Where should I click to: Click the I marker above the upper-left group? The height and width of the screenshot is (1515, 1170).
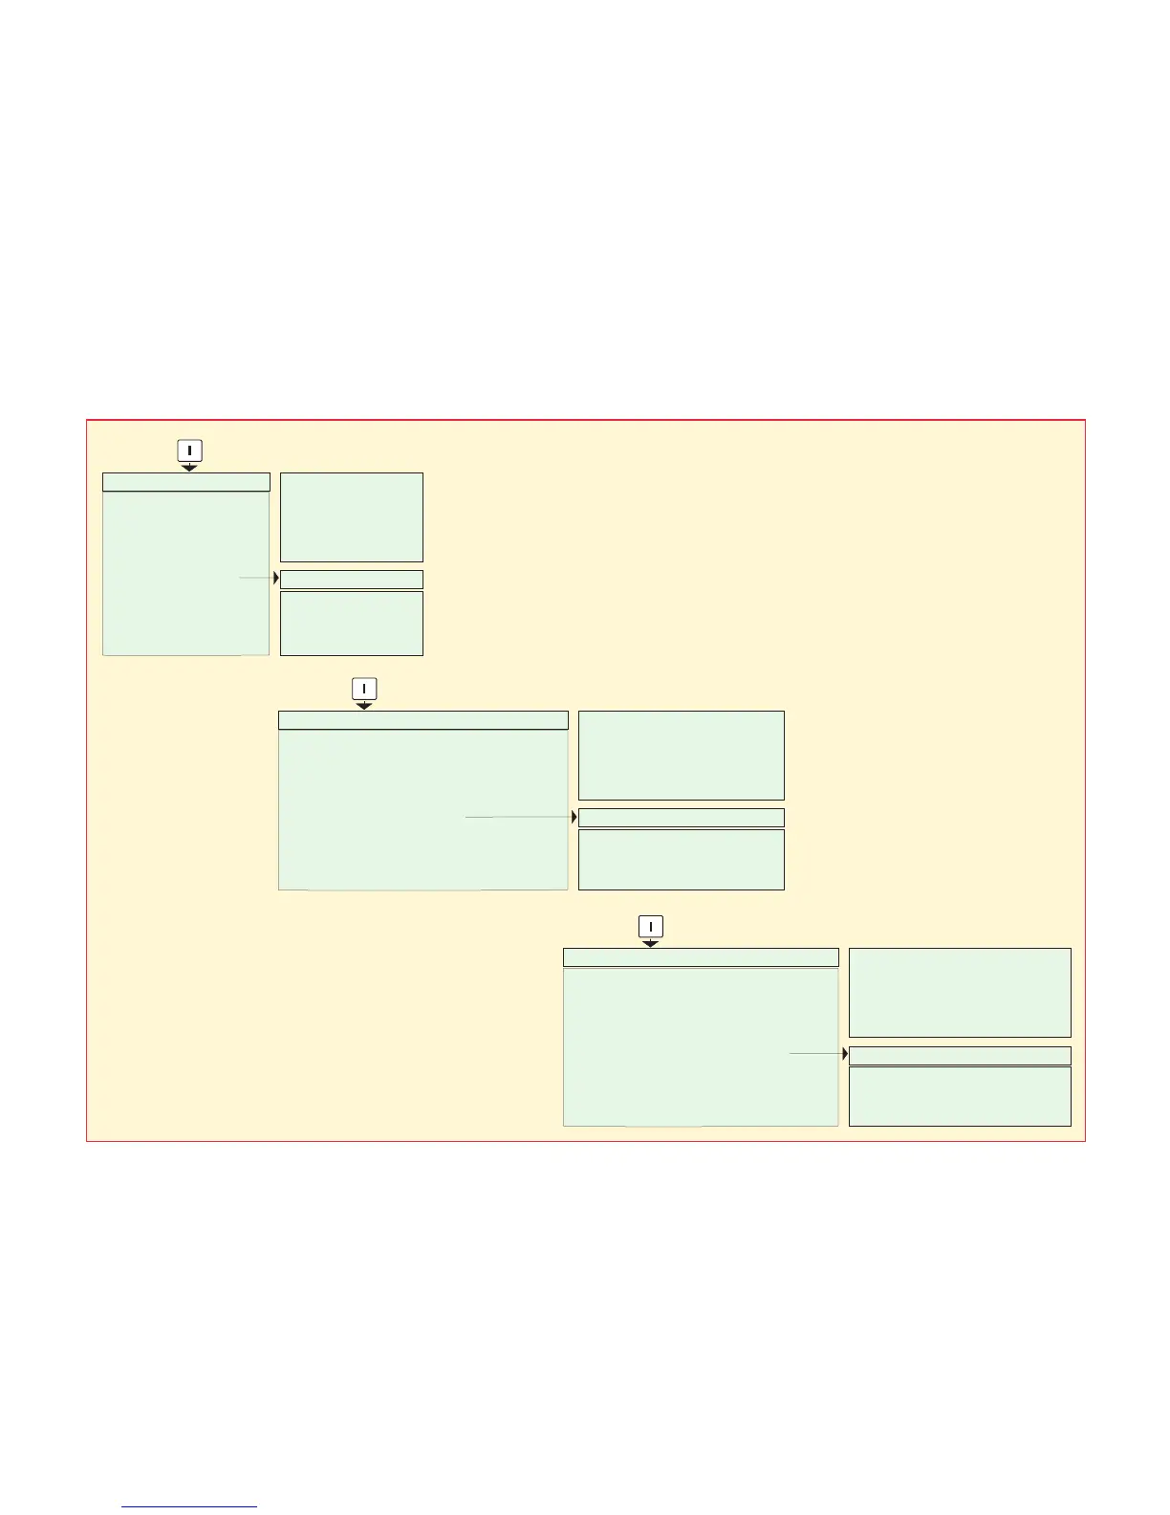point(189,450)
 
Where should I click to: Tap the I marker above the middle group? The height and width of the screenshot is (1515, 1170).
point(364,688)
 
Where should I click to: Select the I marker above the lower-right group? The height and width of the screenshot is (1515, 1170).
point(650,926)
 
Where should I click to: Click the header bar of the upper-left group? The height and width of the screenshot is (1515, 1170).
point(186,482)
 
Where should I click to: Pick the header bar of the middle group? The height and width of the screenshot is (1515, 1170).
point(422,720)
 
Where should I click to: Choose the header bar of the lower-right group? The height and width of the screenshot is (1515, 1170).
point(701,957)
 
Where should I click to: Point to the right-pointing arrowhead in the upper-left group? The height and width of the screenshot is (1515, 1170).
point(275,578)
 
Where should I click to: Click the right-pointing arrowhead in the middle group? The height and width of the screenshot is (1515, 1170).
point(574,817)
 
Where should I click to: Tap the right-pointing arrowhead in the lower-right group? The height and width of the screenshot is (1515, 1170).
point(845,1054)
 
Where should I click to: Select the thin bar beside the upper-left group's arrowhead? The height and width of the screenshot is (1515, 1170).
point(352,579)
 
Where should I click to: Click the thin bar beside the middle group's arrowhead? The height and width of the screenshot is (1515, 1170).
point(682,818)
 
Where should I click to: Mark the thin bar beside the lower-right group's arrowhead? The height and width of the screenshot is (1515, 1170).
point(960,1055)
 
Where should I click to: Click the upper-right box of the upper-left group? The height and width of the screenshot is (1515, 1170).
point(352,516)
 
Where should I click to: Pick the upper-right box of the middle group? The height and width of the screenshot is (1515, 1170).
point(682,755)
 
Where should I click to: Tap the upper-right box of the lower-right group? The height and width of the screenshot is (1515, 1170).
point(960,992)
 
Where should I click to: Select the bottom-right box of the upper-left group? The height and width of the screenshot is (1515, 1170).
point(352,623)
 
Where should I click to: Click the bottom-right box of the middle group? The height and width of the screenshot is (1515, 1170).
point(682,859)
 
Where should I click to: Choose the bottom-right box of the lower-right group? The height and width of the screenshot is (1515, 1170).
point(960,1096)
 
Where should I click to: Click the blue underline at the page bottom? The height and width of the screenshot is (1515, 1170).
point(190,1506)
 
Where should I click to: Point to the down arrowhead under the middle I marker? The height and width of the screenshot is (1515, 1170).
point(364,706)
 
